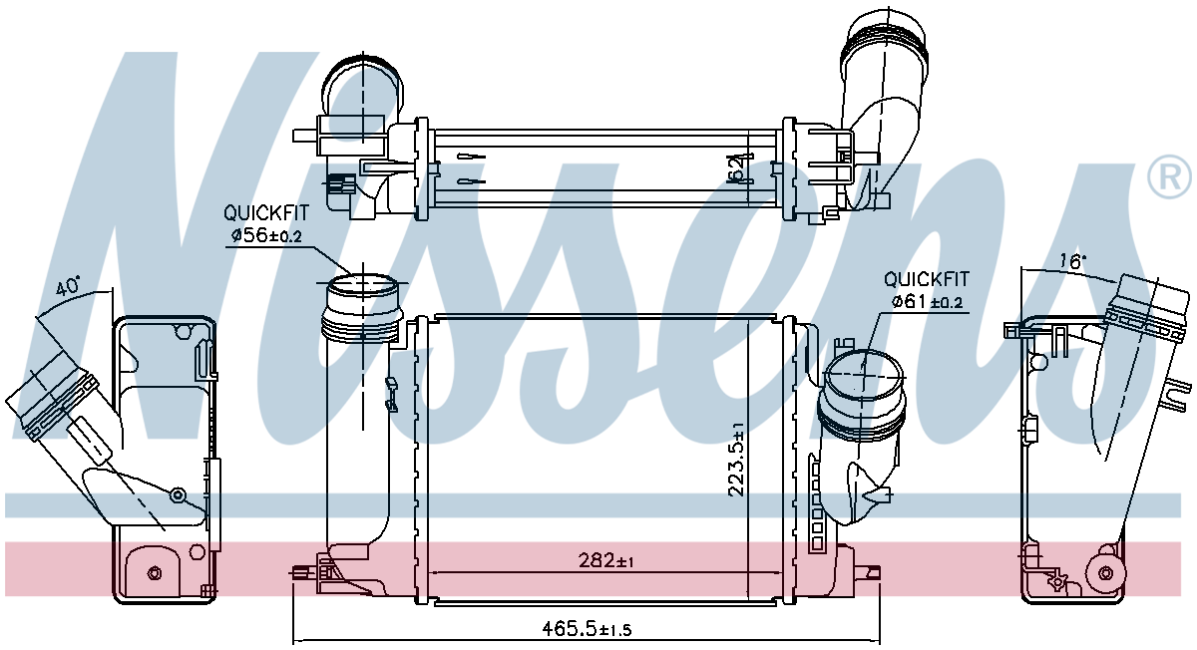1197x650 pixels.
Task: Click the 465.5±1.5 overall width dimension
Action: tap(587, 629)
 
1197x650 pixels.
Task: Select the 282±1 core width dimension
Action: tap(605, 560)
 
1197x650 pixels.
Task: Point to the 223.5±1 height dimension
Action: tap(736, 460)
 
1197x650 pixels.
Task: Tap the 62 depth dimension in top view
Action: tap(737, 168)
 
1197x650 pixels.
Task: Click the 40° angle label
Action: tap(68, 287)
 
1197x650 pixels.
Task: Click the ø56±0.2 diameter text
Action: tap(266, 235)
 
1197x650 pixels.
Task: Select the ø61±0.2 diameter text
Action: tap(927, 302)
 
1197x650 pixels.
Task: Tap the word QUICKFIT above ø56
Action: tap(266, 213)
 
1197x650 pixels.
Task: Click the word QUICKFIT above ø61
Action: tap(926, 279)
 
